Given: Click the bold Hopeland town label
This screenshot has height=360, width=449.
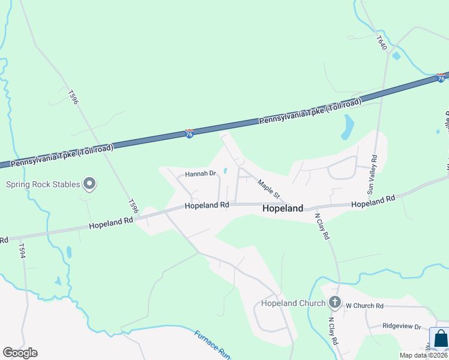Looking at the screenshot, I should [283, 209].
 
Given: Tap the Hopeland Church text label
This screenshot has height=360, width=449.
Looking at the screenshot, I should [293, 303].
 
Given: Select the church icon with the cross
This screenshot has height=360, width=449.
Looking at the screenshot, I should [335, 303].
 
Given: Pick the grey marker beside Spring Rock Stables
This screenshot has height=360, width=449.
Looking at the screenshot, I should [89, 183].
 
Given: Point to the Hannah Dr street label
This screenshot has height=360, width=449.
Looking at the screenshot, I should [200, 173].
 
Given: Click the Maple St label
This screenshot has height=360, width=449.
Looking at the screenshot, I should [269, 188].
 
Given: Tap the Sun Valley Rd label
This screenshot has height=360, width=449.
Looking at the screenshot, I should [372, 175].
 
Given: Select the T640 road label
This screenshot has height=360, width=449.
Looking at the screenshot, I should [382, 44].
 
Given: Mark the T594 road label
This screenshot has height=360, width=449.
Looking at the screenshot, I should [22, 251].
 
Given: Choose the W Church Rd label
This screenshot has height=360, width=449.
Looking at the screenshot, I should [364, 305].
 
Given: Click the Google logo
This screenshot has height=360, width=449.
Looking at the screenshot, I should [20, 352].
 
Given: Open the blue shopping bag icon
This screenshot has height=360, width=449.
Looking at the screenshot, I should [440, 339].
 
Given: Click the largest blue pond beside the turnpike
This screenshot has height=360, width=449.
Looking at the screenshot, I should [347, 127].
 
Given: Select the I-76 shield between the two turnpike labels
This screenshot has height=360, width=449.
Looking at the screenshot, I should [190, 133].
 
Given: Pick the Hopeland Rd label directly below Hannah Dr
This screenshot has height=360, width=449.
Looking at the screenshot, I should [207, 205].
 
